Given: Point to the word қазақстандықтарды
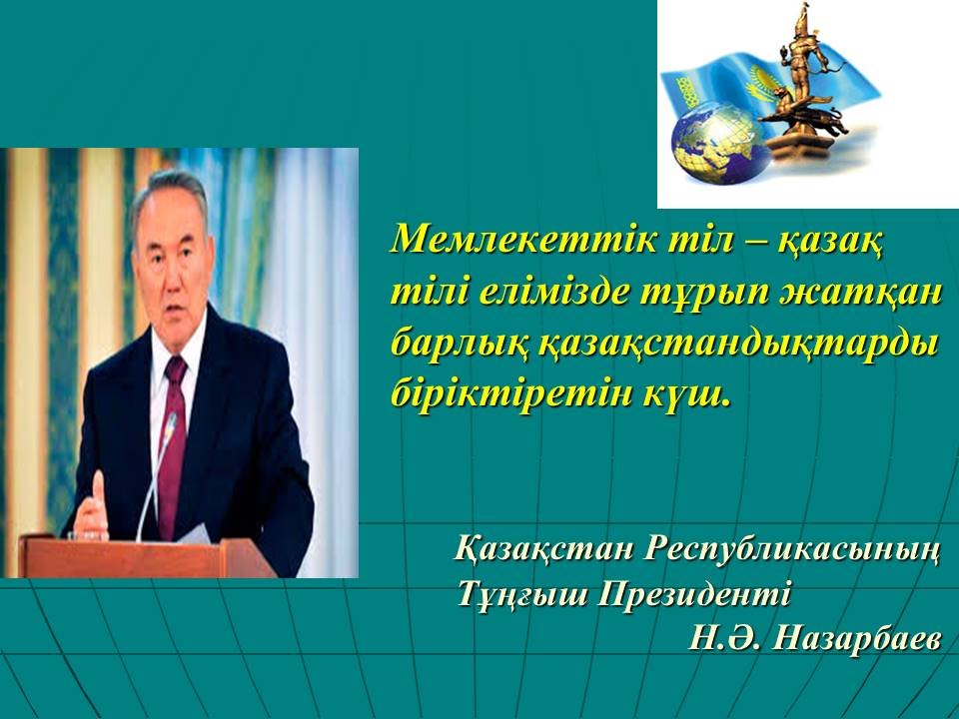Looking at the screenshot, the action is (x=738, y=347).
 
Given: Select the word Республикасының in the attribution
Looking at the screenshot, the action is (x=792, y=549).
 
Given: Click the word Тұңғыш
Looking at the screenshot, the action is (x=523, y=595).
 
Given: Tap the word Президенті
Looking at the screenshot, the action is (x=693, y=593).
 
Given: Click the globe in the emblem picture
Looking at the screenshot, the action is (x=720, y=143).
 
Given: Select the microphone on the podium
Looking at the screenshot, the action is (x=157, y=473).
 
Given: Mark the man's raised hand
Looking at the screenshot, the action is (x=92, y=506).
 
